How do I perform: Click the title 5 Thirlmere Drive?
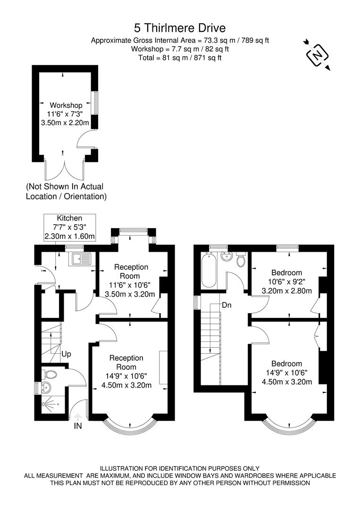(179, 28)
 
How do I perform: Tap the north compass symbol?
(318, 55)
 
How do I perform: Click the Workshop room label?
(66, 105)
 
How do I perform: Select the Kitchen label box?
(69, 227)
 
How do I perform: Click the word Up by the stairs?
(66, 353)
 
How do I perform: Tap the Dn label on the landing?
(227, 306)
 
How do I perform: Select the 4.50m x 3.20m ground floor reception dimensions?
(126, 385)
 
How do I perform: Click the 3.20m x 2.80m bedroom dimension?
(286, 290)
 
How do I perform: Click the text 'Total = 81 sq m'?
(179, 58)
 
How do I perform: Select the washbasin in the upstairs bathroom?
(226, 258)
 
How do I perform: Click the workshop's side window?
(95, 102)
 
